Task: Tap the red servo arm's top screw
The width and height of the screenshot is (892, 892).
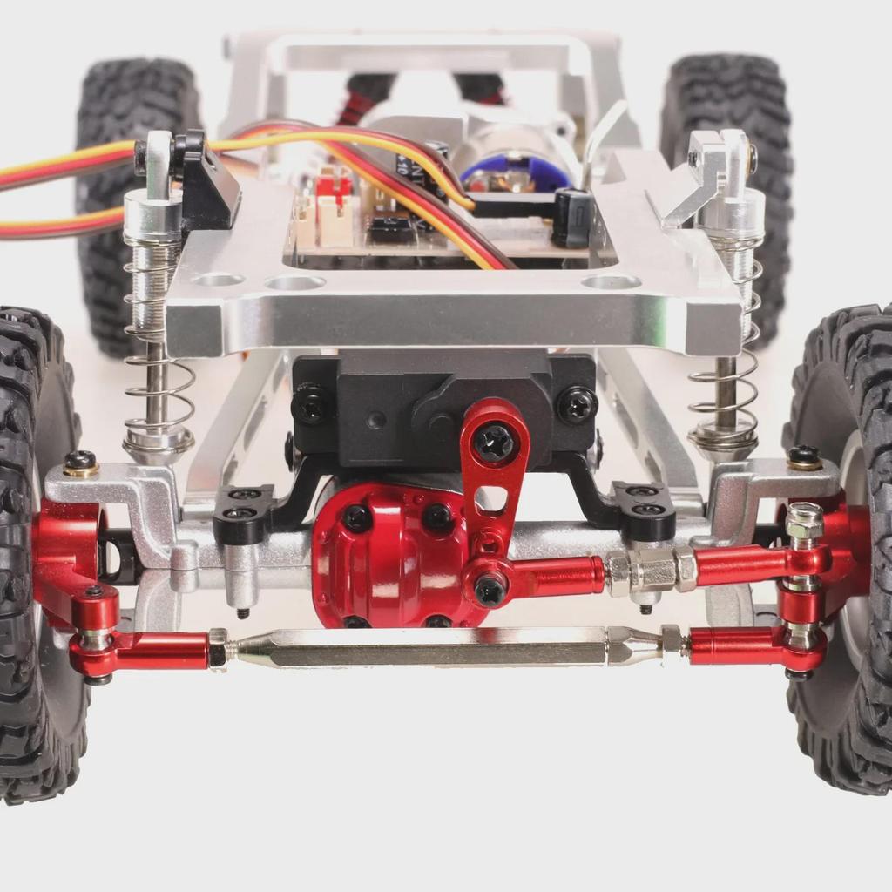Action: point(493,442)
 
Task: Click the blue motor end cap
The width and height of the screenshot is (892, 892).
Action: point(514,174)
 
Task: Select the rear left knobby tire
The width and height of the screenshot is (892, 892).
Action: point(131,200)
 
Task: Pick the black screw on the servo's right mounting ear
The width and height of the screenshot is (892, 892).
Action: point(577,404)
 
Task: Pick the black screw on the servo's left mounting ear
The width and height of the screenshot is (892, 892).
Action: point(311,404)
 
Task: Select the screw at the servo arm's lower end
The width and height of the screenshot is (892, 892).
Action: point(489,589)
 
